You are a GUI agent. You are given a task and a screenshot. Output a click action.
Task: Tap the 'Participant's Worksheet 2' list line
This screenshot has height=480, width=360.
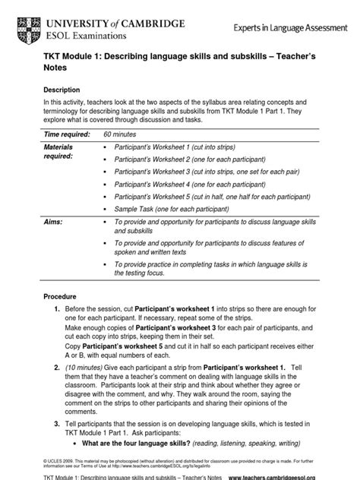pos(189,160)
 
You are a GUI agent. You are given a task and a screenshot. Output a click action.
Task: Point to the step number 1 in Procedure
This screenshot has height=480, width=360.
pos(57,311)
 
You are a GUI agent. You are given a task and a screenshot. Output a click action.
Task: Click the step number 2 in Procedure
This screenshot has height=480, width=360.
pos(57,367)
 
